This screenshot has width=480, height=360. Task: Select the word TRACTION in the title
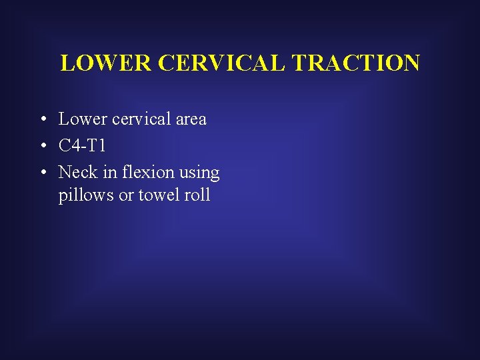357,63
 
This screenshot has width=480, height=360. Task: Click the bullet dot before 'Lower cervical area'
42,120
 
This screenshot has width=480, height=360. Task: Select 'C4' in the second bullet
69,146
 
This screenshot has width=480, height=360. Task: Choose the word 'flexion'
146,173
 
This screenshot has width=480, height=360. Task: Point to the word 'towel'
159,195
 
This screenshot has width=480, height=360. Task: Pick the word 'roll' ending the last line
198,195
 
